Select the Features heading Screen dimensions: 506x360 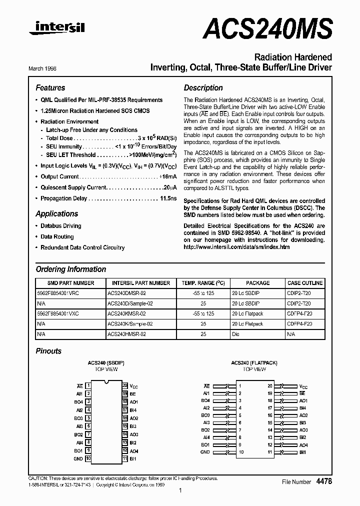coord(50,87)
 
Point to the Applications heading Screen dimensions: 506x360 coord(56,213)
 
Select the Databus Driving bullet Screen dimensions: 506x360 coord(60,226)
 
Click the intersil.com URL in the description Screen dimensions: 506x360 coord(236,247)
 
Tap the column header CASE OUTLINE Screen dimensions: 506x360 coord(304,283)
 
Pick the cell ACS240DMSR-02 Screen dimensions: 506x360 coord(126,293)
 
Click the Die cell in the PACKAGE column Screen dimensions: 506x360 coord(236,334)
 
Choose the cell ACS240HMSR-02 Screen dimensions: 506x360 coord(126,334)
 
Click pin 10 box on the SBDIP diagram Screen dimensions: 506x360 coord(88,458)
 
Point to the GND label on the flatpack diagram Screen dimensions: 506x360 coord(205,452)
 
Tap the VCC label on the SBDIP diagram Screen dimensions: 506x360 coord(133,386)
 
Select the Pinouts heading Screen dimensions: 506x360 coord(48,351)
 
